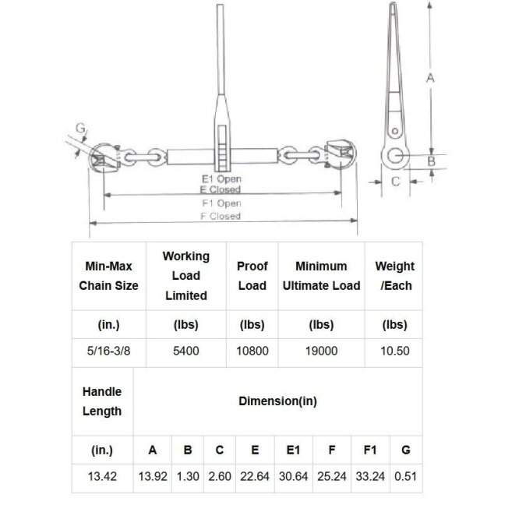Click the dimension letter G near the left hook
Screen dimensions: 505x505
click(80, 128)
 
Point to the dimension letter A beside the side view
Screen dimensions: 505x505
click(430, 78)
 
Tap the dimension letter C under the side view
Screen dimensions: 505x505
click(395, 182)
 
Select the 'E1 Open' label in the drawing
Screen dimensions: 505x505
click(221, 178)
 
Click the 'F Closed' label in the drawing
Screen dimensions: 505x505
click(221, 216)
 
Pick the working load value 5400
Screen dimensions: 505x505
click(185, 351)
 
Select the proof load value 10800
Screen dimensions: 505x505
click(252, 351)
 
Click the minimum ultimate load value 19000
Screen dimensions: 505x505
click(321, 351)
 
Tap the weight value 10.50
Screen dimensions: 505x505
click(395, 351)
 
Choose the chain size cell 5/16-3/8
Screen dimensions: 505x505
click(108, 351)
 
